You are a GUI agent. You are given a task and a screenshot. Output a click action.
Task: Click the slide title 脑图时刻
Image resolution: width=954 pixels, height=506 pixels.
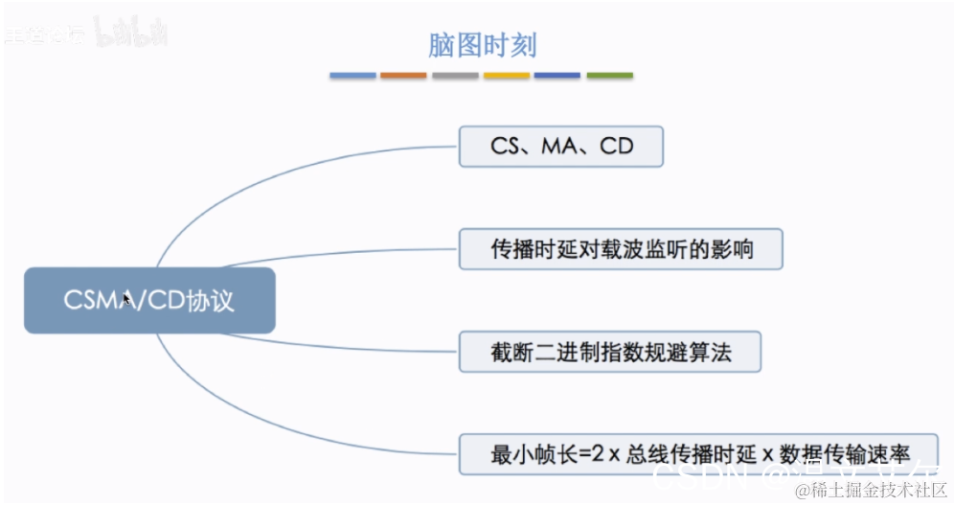point(482,45)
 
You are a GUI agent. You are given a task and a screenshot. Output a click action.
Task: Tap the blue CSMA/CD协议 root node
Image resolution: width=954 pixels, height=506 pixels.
point(149,300)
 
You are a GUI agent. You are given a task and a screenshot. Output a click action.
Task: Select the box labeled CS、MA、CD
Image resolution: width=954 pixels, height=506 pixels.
point(561,147)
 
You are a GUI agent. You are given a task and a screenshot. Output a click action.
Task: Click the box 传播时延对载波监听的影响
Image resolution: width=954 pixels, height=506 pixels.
point(622,249)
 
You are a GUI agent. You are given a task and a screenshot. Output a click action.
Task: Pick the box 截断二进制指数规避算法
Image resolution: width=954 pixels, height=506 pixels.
point(610,352)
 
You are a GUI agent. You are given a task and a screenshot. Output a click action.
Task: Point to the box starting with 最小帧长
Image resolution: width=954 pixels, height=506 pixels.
point(698,453)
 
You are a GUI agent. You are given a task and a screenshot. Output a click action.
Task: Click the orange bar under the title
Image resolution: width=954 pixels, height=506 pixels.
point(403,75)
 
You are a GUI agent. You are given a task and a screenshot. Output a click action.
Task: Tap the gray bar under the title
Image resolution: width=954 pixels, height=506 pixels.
point(455,75)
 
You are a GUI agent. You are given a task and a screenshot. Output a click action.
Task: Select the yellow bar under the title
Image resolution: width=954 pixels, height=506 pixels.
point(507,75)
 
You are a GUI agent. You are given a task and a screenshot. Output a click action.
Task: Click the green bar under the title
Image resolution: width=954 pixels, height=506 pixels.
point(609,75)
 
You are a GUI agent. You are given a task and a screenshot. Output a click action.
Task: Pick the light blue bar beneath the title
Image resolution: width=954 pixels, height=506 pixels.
point(352,75)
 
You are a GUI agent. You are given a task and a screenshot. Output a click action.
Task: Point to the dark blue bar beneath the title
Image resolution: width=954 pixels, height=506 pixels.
point(557,75)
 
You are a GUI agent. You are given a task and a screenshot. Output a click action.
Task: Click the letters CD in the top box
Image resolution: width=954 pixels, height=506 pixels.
point(617,147)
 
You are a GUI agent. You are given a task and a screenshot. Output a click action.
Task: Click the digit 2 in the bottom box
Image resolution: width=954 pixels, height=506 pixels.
point(599,454)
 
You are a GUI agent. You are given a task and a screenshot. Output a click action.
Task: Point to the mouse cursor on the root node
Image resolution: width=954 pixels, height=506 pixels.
point(126,300)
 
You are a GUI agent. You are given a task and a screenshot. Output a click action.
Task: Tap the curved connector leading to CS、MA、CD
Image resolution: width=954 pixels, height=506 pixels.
point(287,169)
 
